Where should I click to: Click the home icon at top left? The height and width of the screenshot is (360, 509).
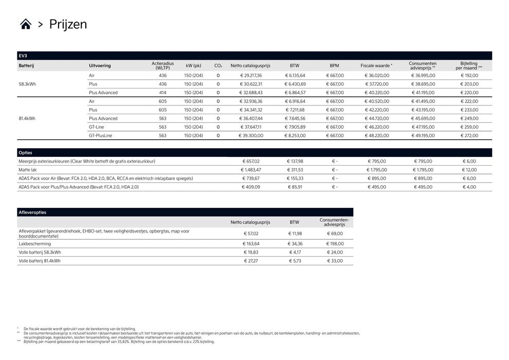pos(26,24)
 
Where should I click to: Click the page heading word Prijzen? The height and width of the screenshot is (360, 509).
pos(68,24)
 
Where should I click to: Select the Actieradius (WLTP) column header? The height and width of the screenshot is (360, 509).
pos(162,66)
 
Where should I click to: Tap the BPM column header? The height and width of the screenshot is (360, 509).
pos(335,66)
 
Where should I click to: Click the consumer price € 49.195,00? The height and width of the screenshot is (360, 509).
pos(423,136)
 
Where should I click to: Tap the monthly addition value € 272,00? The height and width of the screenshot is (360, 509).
pos(469,136)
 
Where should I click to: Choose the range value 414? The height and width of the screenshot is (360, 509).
pos(162,93)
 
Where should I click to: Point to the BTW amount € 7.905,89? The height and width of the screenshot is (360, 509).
pos(295,127)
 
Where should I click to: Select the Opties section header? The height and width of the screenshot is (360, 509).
pos(25,153)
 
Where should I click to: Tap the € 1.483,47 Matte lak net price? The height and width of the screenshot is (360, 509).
pos(251,170)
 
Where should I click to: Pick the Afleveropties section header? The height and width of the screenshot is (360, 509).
pos(32,212)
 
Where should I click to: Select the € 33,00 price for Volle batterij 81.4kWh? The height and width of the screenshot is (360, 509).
pos(335,261)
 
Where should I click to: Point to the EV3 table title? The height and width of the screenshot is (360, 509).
pos(23,56)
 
